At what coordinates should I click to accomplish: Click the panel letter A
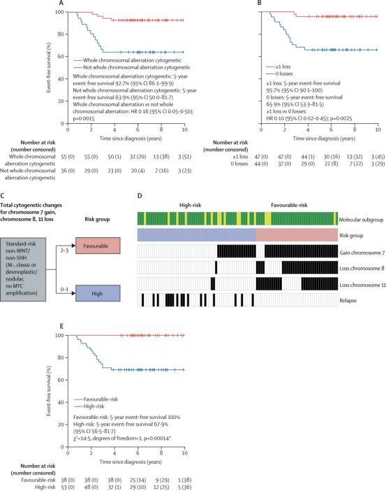61,3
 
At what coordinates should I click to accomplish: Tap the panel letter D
140,196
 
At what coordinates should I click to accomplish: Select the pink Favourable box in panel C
98,245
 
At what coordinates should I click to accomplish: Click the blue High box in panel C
98,293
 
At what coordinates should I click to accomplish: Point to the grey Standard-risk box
23,269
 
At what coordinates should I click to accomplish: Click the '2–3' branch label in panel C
64,250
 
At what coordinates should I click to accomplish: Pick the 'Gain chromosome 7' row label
362,252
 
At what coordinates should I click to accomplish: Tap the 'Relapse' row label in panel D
348,300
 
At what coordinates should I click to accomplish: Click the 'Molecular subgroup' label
361,220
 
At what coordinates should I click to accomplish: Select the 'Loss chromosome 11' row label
362,285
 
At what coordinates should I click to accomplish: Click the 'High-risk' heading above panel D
190,205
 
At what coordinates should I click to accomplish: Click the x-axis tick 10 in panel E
184,453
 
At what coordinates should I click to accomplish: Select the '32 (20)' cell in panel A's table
138,157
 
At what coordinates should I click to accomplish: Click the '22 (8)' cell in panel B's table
331,164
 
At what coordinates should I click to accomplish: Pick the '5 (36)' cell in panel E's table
184,487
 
